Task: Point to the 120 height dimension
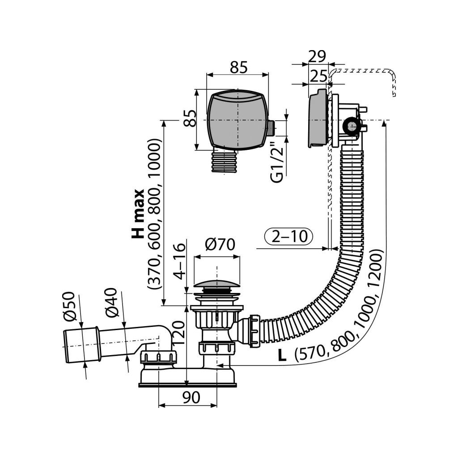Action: [x=178, y=334]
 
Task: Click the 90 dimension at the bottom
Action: [x=191, y=396]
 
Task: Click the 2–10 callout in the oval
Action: [x=288, y=236]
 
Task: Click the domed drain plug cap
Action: [x=216, y=284]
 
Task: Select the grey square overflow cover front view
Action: [x=238, y=120]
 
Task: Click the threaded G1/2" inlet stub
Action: [x=272, y=127]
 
